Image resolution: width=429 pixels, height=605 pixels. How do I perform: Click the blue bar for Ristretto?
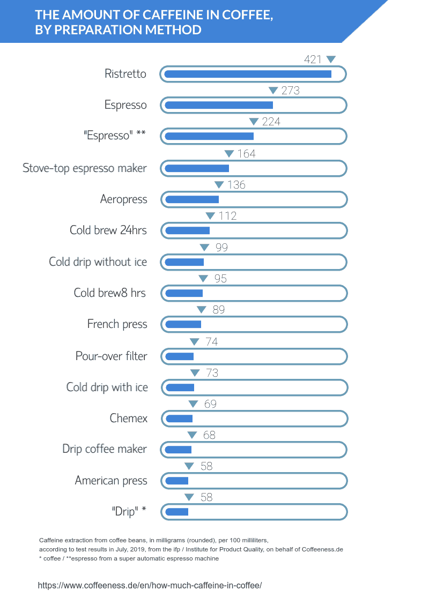pos(248,74)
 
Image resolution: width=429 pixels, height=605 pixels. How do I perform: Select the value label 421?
pos(312,59)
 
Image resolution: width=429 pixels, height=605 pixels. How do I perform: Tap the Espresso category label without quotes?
pos(125,105)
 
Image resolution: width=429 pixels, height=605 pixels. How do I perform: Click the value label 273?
pos(290,91)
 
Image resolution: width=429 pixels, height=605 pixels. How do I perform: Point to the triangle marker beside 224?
pos(254,122)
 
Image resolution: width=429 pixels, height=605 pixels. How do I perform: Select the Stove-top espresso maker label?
pos(85,168)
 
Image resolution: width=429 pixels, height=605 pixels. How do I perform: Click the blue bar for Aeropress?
pos(192,199)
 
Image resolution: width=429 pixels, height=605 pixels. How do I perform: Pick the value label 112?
pos(227,216)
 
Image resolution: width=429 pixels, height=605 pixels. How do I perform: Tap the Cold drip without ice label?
pos(98,262)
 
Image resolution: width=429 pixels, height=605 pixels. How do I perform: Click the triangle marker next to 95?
pos(203,279)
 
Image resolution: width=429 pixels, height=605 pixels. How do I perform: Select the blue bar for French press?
pos(183,324)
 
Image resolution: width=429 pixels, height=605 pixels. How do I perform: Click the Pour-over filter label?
pos(111,356)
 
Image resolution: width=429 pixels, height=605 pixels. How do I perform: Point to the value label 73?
pos(212,373)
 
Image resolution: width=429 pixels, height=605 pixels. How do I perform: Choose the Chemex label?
pos(128,418)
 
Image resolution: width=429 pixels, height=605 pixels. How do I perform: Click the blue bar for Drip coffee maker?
pos(179,449)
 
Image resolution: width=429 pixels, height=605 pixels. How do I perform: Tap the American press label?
pos(111,480)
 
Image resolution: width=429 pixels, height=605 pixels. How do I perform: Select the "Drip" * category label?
pos(129,511)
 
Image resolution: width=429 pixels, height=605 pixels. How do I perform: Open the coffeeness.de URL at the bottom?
pos(150,586)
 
